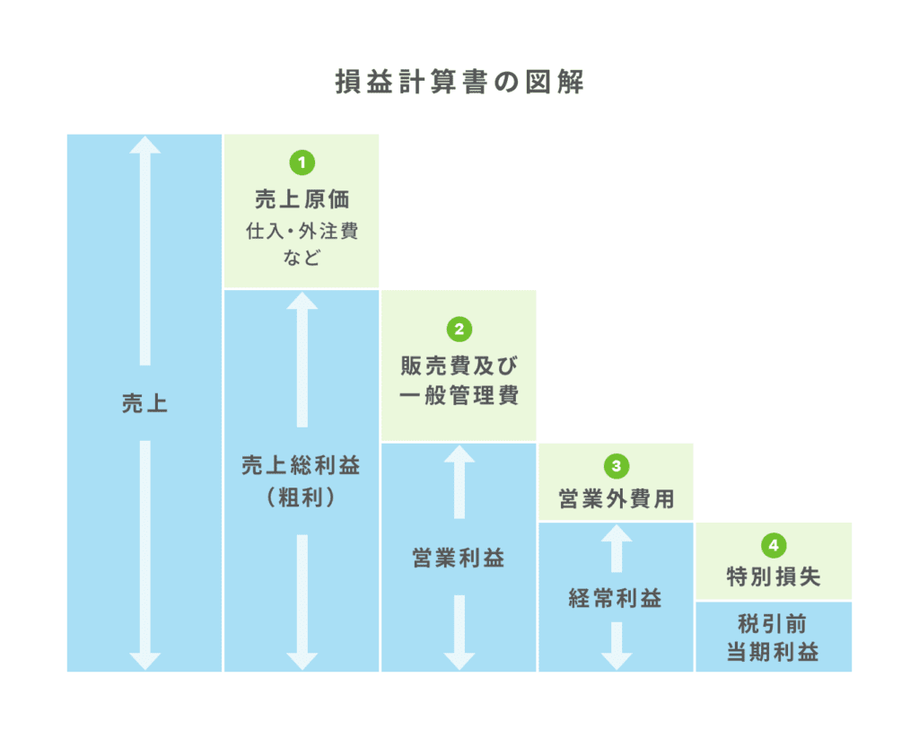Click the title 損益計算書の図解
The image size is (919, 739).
click(459, 82)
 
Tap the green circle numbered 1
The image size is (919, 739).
click(302, 163)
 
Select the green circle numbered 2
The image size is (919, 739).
click(459, 329)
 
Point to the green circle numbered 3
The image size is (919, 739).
click(617, 466)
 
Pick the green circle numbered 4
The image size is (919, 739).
click(774, 545)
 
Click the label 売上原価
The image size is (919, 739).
click(302, 199)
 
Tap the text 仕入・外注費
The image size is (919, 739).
click(302, 231)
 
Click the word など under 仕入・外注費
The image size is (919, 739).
click(302, 258)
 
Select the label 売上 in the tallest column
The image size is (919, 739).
click(144, 403)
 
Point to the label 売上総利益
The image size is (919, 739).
click(302, 466)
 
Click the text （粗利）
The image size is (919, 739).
click(302, 497)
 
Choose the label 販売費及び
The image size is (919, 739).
click(459, 366)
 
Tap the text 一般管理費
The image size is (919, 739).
click(459, 395)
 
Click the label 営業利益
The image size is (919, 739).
click(459, 558)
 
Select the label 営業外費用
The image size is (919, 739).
click(617, 499)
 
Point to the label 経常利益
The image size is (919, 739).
click(616, 598)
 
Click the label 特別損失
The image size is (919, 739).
click(774, 577)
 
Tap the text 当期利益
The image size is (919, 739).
click(774, 652)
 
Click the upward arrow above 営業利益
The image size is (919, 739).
click(459, 482)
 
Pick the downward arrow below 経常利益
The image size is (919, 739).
click(617, 646)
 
